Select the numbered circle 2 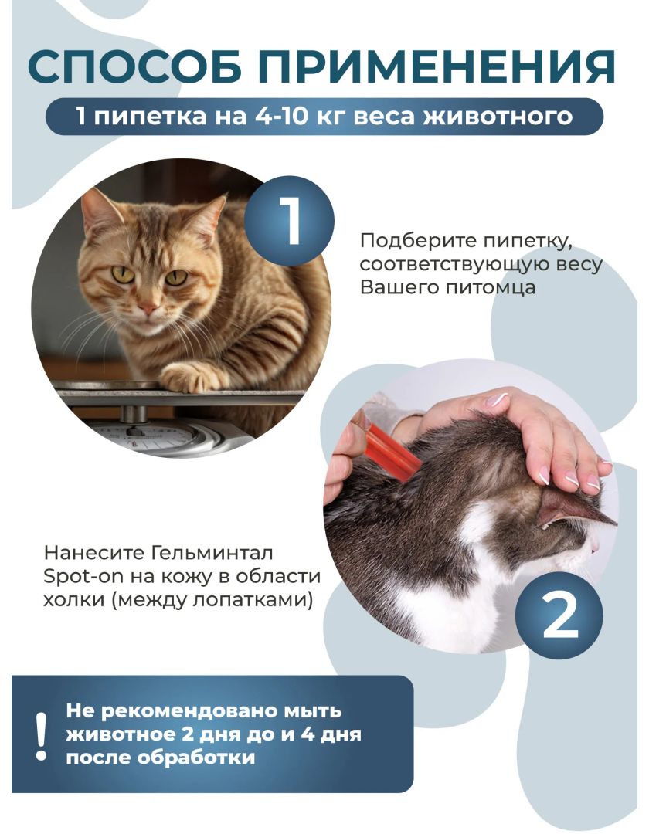click(x=559, y=616)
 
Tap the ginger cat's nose click(x=148, y=308)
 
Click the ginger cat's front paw click(x=188, y=376)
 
